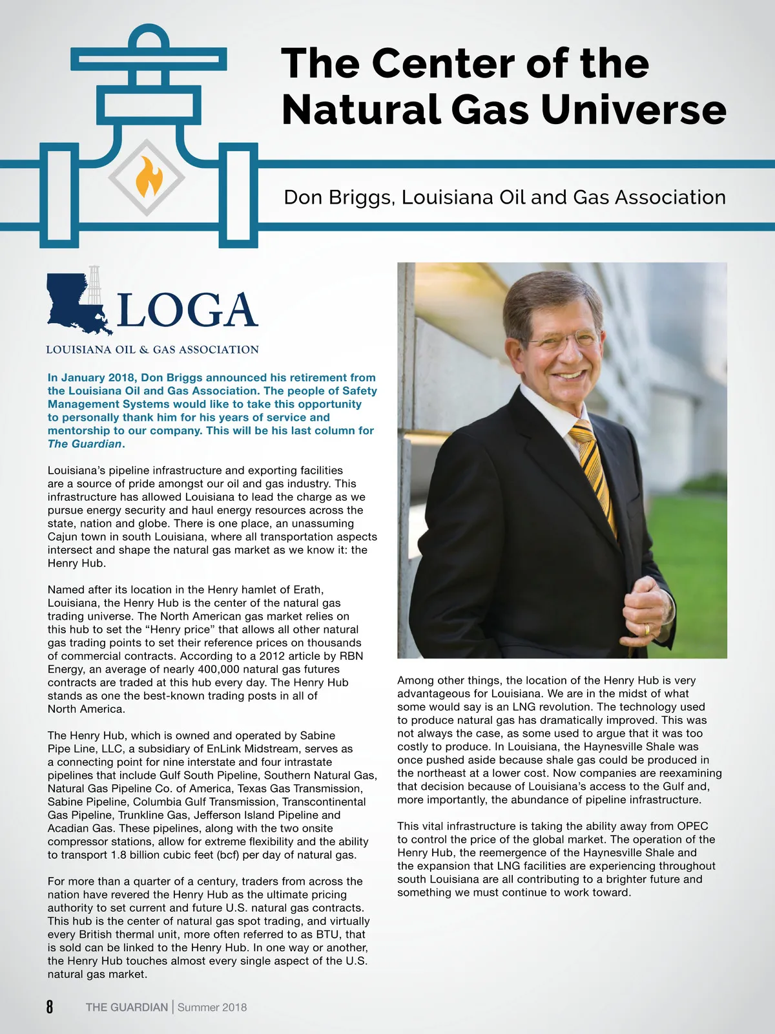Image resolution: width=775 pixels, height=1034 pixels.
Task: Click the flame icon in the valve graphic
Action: pos(149,176)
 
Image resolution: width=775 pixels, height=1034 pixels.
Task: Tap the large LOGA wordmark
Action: pos(187,311)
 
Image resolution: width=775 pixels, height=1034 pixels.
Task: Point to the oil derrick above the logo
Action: pos(95,284)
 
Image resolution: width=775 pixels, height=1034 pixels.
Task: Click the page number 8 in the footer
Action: pos(50,1006)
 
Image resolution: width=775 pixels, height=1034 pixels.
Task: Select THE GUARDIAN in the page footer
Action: pos(127,1007)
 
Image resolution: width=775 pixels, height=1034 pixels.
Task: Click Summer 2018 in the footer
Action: pos(212,1007)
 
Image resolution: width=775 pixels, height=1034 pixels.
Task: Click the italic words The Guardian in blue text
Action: pos(85,444)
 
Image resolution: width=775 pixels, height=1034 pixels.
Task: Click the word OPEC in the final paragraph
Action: pos(692,826)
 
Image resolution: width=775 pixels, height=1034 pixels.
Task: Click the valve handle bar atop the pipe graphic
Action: pos(149,59)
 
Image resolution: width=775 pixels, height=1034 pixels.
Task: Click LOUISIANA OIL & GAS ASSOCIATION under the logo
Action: pos(152,350)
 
